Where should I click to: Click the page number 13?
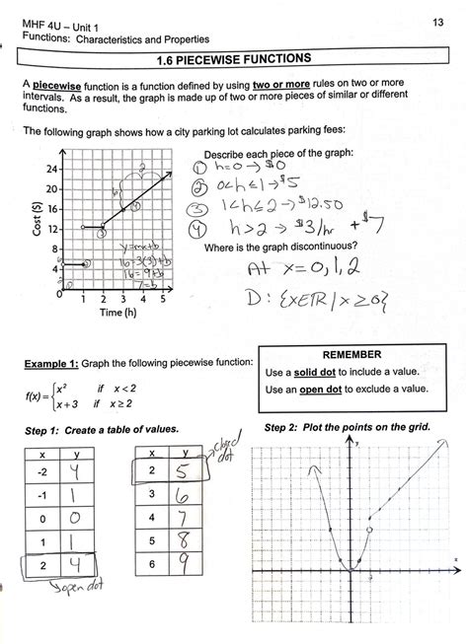tap(438, 22)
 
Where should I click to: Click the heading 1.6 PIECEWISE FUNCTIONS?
tap(234, 59)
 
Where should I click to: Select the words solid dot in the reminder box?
tap(322, 372)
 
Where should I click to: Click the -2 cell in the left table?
tap(40, 474)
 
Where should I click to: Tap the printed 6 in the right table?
tap(150, 565)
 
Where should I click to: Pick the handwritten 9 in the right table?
tap(185, 565)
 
